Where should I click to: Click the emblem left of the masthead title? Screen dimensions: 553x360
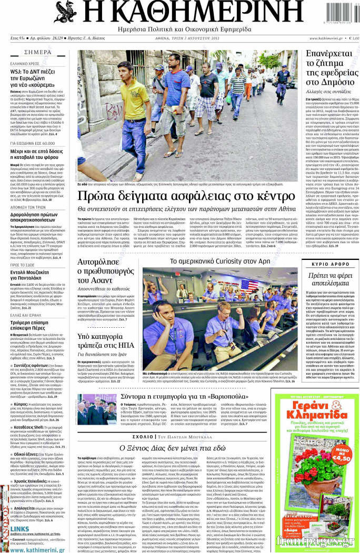point(65,12)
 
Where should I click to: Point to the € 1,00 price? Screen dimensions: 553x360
point(354,38)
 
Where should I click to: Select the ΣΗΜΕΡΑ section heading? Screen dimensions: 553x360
point(38,53)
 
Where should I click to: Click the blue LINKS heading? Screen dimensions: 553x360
point(19,529)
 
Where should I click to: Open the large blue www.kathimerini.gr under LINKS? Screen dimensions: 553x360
point(37,549)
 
